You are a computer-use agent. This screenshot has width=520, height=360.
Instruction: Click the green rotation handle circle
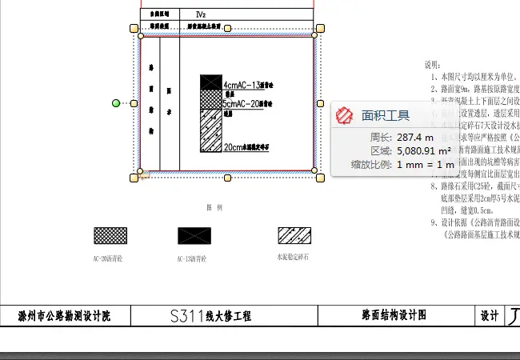click(x=116, y=103)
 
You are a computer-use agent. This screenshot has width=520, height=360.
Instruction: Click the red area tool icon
click(x=345, y=115)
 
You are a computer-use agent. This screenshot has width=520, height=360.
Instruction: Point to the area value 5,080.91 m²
click(x=423, y=150)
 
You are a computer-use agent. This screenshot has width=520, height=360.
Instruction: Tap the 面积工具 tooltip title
click(x=386, y=116)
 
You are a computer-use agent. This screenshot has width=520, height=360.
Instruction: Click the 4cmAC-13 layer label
click(x=247, y=85)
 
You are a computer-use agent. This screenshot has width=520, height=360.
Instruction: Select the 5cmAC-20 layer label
click(x=247, y=104)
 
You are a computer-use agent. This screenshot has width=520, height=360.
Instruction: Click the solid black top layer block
click(x=210, y=82)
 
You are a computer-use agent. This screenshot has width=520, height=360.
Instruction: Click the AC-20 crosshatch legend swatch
click(x=110, y=235)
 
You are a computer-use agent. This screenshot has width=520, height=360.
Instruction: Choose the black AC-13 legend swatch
click(x=194, y=235)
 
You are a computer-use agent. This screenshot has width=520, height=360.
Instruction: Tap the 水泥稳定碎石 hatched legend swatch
click(x=294, y=235)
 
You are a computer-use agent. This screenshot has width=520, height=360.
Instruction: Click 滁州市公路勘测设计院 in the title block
click(x=64, y=316)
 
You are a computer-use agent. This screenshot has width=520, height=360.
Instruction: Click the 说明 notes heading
click(x=432, y=64)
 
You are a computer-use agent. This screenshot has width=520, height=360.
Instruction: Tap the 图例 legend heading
click(x=214, y=206)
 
